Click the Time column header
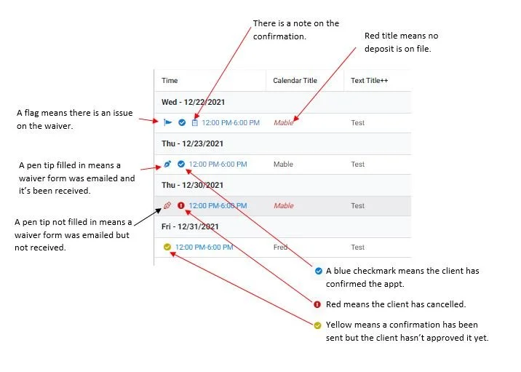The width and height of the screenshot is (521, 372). coord(170,80)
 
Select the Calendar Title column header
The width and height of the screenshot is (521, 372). coord(295,80)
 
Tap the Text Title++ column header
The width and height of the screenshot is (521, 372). coord(369,80)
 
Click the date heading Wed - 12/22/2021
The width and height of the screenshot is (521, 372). coord(192,101)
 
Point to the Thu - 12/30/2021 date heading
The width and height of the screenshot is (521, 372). coord(192,185)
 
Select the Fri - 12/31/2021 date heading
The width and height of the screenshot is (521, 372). coord(190,226)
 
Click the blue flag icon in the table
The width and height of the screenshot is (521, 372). coord(167,122)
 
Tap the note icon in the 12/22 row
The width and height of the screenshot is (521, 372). coord(194,122)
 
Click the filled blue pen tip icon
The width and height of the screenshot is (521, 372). coord(167,165)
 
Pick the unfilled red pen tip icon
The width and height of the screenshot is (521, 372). coord(167,206)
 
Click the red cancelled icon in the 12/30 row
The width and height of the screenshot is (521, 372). coord(181,206)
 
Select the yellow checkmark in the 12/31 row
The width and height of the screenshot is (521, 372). coord(167,248)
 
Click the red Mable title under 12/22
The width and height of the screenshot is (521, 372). coord(283,122)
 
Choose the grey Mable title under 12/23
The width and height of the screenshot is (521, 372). coord(283,165)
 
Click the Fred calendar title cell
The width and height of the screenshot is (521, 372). coord(280,248)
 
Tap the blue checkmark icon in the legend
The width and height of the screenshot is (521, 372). coord(318,271)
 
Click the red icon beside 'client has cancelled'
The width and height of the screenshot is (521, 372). coord(318,304)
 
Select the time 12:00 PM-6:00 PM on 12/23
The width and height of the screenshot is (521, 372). coord(218,165)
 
